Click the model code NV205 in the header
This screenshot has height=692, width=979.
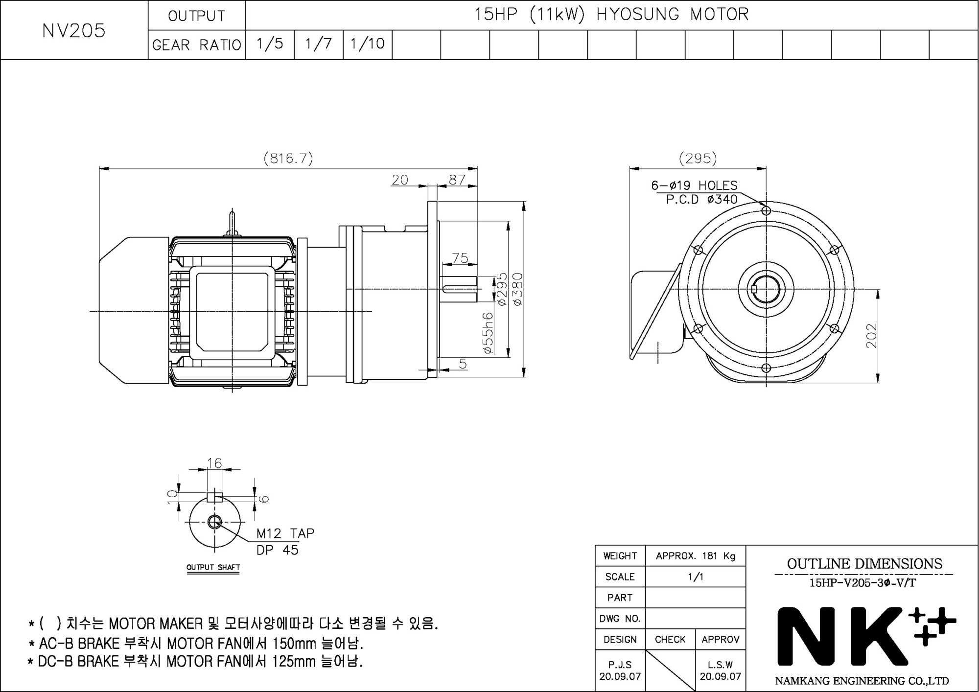(x=74, y=31)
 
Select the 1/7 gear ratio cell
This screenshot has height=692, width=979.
(x=319, y=44)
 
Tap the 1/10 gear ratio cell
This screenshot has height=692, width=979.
(x=368, y=44)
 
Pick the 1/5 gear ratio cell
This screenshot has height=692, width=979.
(x=270, y=44)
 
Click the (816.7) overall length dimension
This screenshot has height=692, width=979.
(x=288, y=159)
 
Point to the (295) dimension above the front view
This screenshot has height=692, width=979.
(x=698, y=158)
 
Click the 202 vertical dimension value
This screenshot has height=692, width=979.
(x=872, y=336)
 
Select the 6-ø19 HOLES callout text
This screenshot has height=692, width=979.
(x=694, y=185)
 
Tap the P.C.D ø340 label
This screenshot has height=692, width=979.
(x=701, y=199)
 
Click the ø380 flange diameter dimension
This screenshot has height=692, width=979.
(x=518, y=289)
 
